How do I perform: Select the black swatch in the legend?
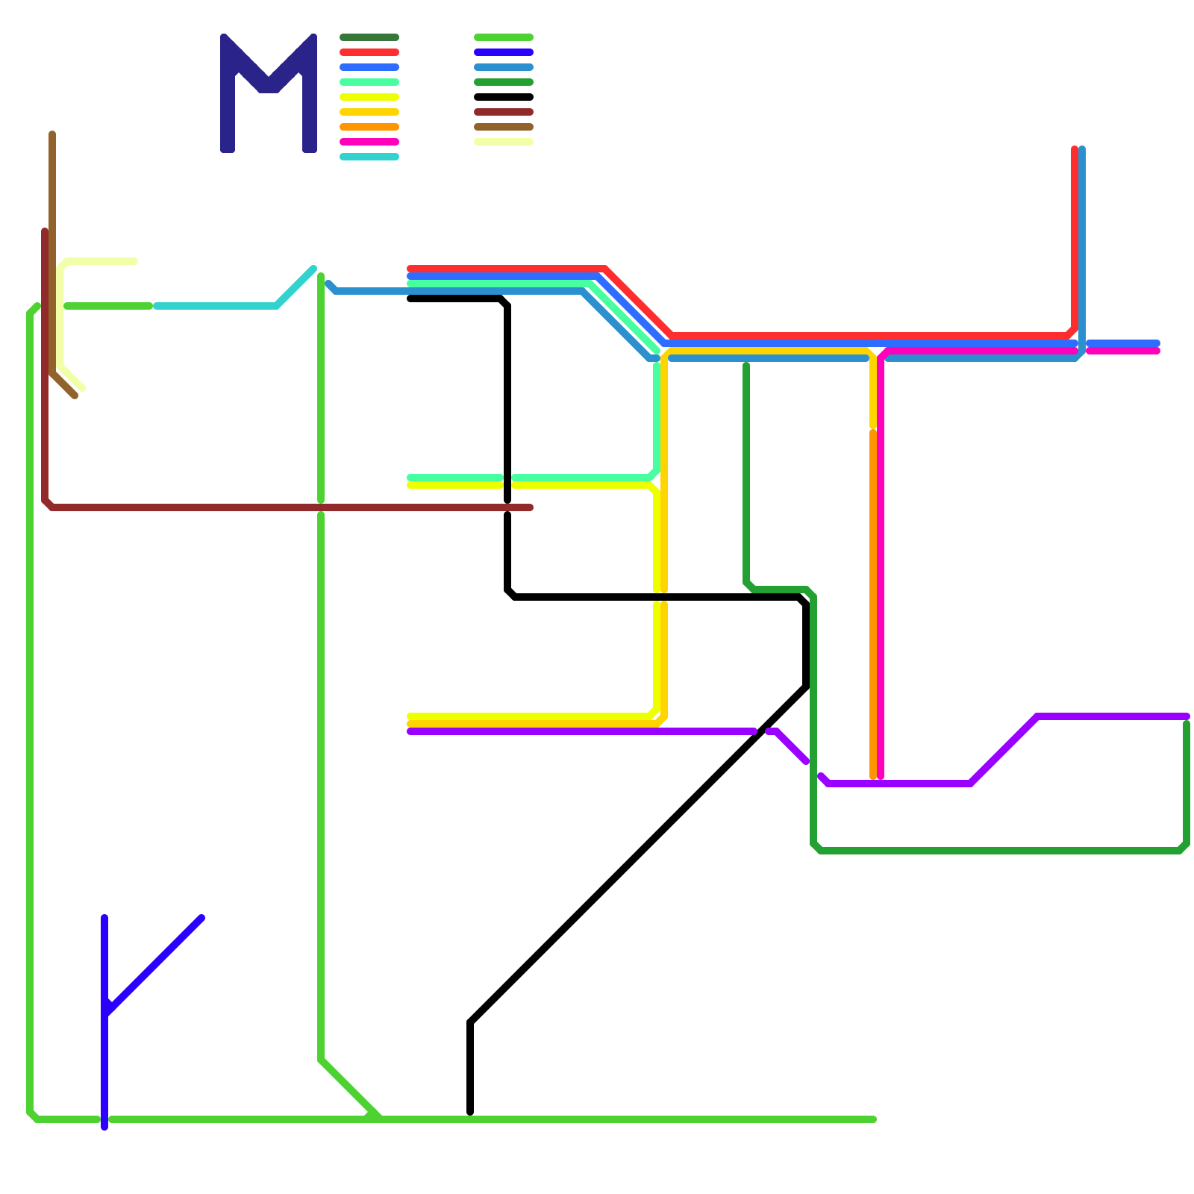(504, 97)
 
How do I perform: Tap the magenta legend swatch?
(369, 142)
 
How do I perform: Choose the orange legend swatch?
(369, 127)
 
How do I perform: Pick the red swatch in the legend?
(369, 52)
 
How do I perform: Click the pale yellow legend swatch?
(504, 142)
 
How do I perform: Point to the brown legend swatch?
(504, 127)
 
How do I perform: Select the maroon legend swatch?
(504, 112)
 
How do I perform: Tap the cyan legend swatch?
(369, 157)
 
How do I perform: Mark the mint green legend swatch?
(369, 82)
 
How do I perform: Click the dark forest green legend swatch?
(369, 37)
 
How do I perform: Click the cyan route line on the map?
(216, 306)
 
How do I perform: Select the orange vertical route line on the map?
(873, 597)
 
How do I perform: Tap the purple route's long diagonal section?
(1004, 750)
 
